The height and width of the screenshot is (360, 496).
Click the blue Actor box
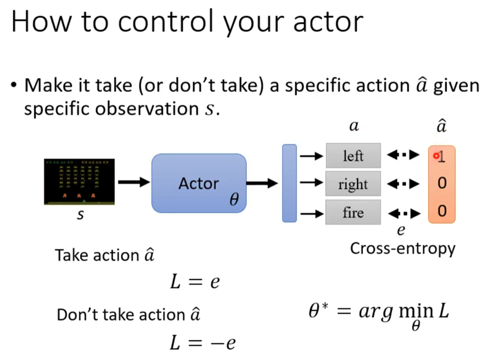(x=199, y=183)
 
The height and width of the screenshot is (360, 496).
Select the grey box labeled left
(x=353, y=155)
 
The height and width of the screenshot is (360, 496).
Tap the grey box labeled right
(x=353, y=183)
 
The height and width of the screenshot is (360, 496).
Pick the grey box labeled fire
(x=353, y=212)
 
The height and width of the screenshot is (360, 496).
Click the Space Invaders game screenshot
(x=79, y=181)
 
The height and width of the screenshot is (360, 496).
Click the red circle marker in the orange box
(x=436, y=155)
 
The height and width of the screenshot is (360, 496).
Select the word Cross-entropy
(x=403, y=248)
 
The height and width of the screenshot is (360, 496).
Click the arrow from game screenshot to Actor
(x=134, y=182)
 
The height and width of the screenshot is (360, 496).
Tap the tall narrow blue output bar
(x=289, y=183)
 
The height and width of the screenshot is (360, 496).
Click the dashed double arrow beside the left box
(x=403, y=155)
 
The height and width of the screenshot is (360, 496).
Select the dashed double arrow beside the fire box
(x=404, y=214)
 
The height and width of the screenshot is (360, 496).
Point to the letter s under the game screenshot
(x=81, y=215)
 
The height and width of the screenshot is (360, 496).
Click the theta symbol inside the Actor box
(x=234, y=199)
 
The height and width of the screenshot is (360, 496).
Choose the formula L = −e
(x=202, y=343)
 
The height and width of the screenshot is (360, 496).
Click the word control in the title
(x=166, y=22)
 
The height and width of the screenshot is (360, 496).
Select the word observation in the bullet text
(x=147, y=109)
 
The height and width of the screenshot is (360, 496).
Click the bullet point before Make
(x=14, y=85)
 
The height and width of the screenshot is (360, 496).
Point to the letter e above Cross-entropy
(x=401, y=230)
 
